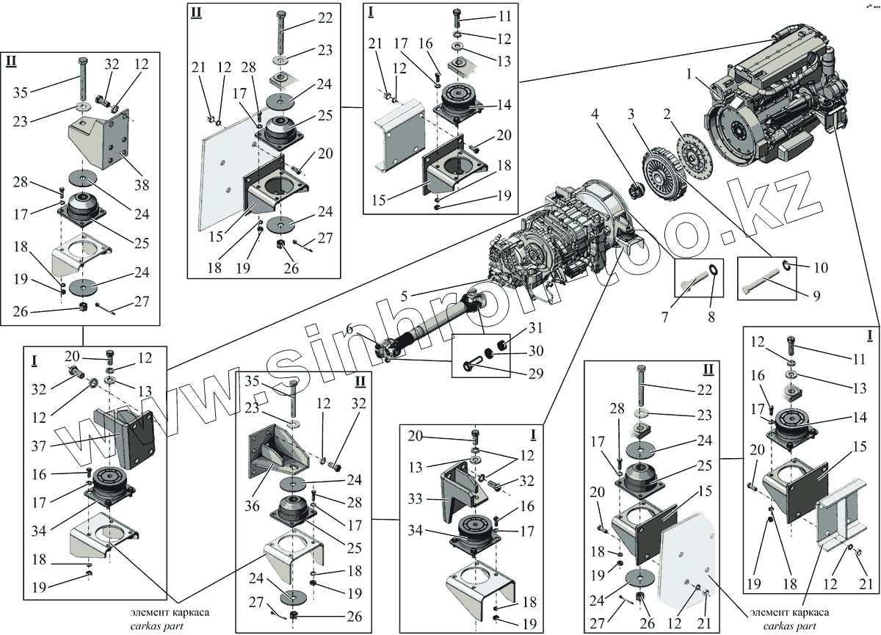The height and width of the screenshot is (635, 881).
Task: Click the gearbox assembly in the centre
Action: coord(565,235)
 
